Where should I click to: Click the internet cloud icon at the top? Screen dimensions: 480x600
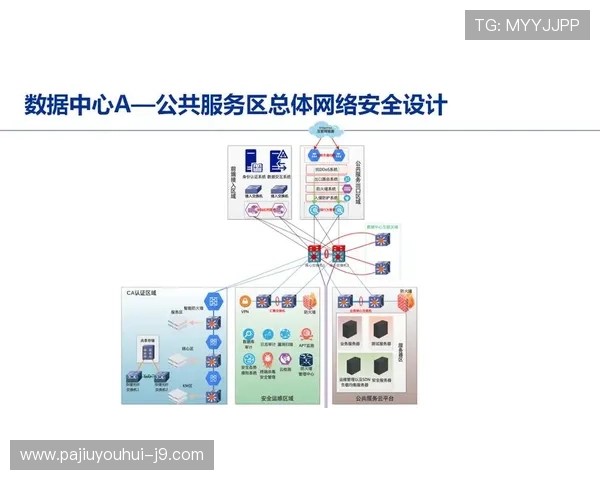325,130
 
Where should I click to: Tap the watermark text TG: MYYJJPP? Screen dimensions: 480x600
527,25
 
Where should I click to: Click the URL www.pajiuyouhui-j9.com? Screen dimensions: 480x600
112,455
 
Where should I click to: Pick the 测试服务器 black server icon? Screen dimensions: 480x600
382,331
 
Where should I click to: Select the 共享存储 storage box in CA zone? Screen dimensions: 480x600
145,352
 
